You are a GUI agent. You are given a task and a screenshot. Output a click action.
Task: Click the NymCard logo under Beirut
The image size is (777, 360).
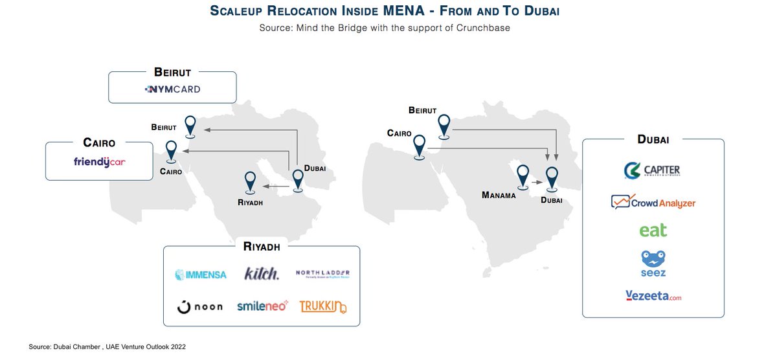click(x=172, y=89)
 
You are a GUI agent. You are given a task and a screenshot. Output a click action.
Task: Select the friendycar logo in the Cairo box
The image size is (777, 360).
click(x=100, y=162)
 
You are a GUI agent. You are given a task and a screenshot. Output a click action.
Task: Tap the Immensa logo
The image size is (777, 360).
click(x=201, y=275)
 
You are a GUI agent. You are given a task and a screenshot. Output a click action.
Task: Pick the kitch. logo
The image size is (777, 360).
click(x=262, y=274)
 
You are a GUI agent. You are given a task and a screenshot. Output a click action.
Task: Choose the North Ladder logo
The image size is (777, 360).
click(x=322, y=274)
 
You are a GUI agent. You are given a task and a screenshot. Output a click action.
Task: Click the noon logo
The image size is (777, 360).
click(x=200, y=306)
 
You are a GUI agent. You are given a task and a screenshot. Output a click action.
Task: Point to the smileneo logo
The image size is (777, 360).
click(x=262, y=306)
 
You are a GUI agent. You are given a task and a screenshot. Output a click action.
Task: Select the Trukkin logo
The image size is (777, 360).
click(x=322, y=306)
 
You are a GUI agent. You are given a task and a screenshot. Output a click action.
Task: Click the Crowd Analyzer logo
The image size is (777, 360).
click(x=653, y=202)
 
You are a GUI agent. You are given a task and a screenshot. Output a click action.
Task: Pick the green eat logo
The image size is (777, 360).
click(x=653, y=231)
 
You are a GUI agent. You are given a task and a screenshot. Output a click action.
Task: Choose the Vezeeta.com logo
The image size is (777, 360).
click(x=653, y=296)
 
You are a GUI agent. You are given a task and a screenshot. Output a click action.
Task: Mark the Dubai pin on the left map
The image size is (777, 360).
click(x=298, y=178)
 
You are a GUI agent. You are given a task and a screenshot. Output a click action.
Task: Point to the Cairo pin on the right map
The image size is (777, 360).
click(x=420, y=145)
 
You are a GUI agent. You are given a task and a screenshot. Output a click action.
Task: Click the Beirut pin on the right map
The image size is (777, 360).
click(x=444, y=125)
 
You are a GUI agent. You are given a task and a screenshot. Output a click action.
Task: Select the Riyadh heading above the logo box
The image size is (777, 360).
click(x=262, y=246)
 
